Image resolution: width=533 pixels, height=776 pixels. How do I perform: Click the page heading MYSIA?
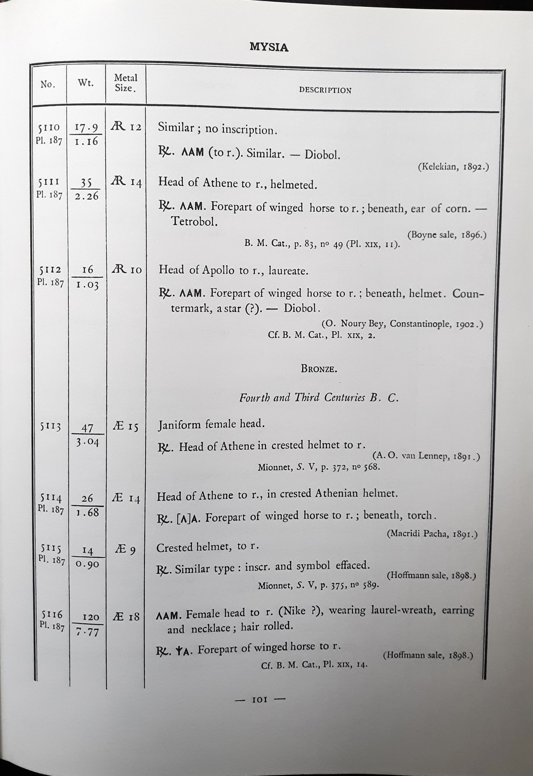pos(269,47)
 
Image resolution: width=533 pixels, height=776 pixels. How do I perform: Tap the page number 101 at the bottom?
pos(260,699)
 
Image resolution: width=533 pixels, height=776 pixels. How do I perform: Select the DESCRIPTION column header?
pos(325,91)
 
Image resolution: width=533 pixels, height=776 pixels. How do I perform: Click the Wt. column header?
pos(85,84)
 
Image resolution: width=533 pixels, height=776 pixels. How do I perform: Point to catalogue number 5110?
pos(49,128)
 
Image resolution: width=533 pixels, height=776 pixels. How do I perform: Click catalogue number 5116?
pos(52,614)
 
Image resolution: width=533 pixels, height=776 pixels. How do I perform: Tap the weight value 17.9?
pos(87,128)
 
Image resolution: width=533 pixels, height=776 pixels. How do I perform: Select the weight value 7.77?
pos(87,632)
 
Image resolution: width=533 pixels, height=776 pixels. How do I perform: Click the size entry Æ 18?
pos(127,616)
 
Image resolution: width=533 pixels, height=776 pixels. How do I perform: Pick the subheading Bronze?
pos(319,369)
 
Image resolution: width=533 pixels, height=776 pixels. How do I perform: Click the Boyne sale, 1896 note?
pos(446,235)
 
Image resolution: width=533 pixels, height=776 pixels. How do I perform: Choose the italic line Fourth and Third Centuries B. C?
pos(319,398)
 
